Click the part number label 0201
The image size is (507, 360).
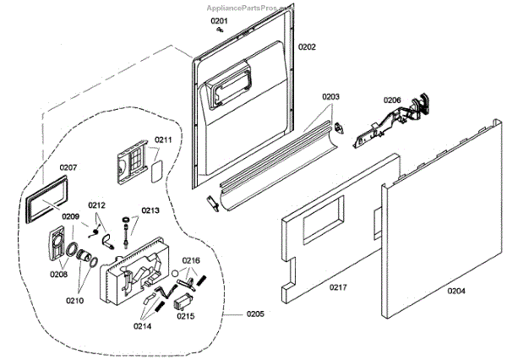coord(219,19)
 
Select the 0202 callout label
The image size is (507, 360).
coord(307,46)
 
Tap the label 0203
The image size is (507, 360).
coord(330,97)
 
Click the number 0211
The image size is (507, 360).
coord(163,139)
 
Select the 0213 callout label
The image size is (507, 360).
coord(150,210)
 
